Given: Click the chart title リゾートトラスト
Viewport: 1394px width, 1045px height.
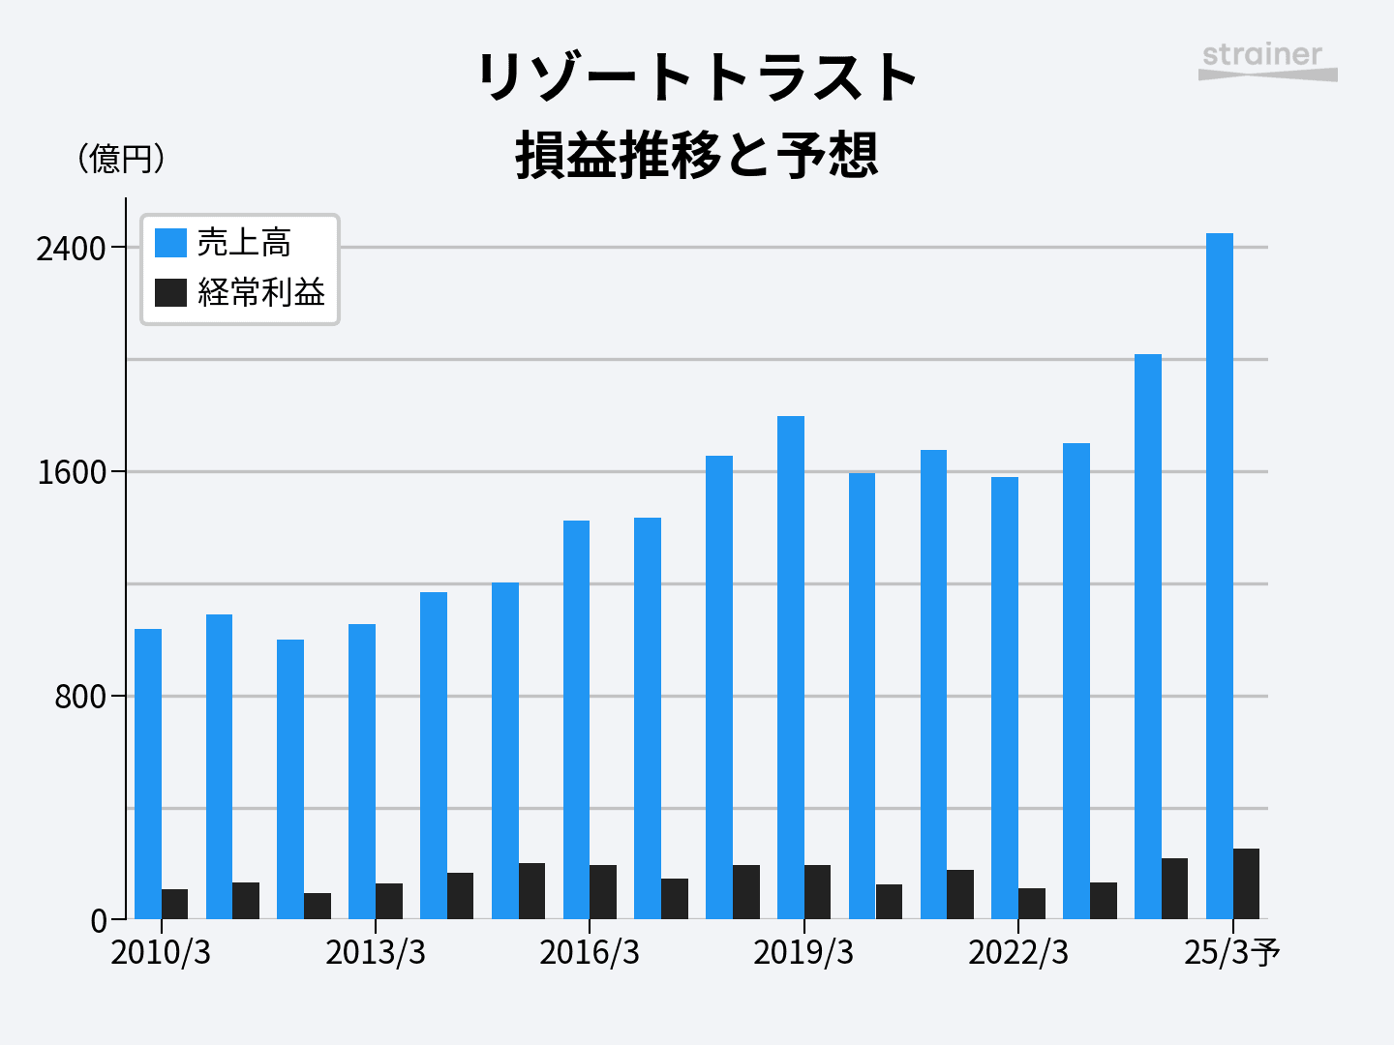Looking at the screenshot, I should click(697, 77).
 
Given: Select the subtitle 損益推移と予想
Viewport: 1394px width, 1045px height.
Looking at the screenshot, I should click(697, 155).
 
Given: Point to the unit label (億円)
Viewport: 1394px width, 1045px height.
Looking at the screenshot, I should click(121, 158).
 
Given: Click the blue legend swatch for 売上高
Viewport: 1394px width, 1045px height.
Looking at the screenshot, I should click(170, 242).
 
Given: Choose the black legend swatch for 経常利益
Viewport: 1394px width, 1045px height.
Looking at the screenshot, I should click(170, 291).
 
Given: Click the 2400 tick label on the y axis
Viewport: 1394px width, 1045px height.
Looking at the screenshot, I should click(71, 249).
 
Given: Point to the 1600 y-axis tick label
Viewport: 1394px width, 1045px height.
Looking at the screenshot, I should click(71, 473).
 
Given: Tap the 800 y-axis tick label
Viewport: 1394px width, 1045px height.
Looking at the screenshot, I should click(80, 697).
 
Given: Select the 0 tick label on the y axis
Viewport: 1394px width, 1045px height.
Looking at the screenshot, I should click(99, 921).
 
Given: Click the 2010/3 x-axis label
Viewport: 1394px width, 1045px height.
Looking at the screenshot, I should click(161, 952).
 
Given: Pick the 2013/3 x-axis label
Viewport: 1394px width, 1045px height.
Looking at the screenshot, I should click(376, 952).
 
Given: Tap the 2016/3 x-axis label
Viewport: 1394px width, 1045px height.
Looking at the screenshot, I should click(590, 952).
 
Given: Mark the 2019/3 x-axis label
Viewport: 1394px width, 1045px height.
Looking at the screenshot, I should click(803, 952).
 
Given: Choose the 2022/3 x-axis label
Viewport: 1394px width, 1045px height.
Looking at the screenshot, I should click(1018, 952).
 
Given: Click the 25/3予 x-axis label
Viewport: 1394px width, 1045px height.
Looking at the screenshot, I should click(1232, 952).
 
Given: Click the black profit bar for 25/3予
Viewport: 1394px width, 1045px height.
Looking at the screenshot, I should click(1246, 883).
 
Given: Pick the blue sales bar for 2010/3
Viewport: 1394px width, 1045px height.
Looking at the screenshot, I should click(148, 774).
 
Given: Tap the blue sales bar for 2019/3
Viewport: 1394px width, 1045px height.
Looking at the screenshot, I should click(791, 668).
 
